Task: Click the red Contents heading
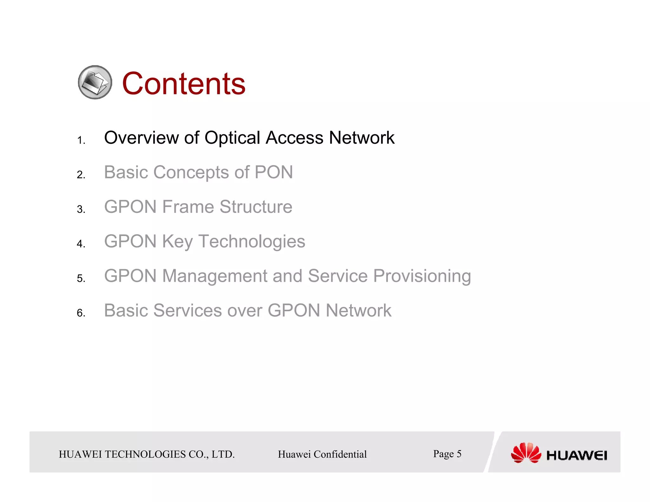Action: pyautogui.click(x=183, y=83)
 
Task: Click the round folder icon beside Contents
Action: pyautogui.click(x=95, y=82)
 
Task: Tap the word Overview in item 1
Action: pyautogui.click(x=141, y=138)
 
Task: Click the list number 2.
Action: pyautogui.click(x=81, y=175)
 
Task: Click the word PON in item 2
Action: pyautogui.click(x=274, y=172)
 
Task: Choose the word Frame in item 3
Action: pyautogui.click(x=188, y=207)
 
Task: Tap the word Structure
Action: pyautogui.click(x=256, y=207)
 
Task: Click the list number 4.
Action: pyautogui.click(x=81, y=244)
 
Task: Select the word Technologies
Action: pyautogui.click(x=252, y=242)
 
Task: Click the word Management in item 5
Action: pyautogui.click(x=215, y=276)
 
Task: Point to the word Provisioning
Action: pyautogui.click(x=422, y=276)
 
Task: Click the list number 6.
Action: pyautogui.click(x=81, y=313)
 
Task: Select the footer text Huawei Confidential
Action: pyautogui.click(x=322, y=454)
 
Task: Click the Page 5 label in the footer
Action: pyautogui.click(x=447, y=454)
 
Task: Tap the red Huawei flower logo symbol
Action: pyautogui.click(x=526, y=453)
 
